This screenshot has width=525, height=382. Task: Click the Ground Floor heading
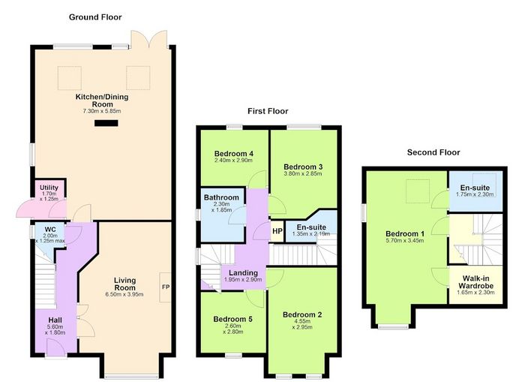pyautogui.click(x=95, y=17)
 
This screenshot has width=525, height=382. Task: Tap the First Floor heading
pyautogui.click(x=268, y=111)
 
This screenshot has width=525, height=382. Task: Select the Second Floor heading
pyautogui.click(x=433, y=152)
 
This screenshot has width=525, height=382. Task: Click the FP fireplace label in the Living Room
pyautogui.click(x=166, y=287)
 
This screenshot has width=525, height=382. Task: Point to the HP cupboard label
pyautogui.click(x=277, y=231)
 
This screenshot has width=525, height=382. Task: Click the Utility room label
pyautogui.click(x=49, y=188)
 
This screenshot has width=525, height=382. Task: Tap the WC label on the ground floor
pyautogui.click(x=50, y=230)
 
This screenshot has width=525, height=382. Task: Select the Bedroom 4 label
pyautogui.click(x=234, y=154)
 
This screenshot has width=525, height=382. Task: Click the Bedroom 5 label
pyautogui.click(x=232, y=319)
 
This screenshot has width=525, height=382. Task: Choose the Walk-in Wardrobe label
pyautogui.click(x=475, y=282)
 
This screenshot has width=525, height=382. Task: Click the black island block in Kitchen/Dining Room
pyautogui.click(x=106, y=123)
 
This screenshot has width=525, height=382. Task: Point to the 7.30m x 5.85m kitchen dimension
pyautogui.click(x=102, y=111)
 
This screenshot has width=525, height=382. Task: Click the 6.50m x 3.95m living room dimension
pyautogui.click(x=124, y=294)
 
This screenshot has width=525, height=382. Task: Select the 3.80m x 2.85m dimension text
pyautogui.click(x=303, y=173)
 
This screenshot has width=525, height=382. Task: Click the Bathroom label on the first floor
pyautogui.click(x=221, y=197)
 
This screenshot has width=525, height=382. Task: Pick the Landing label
pyautogui.click(x=244, y=272)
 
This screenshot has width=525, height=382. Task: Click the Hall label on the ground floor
pyautogui.click(x=55, y=320)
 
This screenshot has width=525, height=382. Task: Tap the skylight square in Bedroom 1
pyautogui.click(x=418, y=191)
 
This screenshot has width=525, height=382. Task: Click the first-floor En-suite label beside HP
pyautogui.click(x=311, y=227)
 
